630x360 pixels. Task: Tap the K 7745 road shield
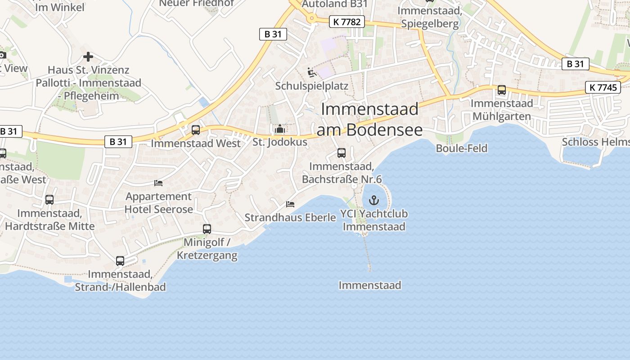603,87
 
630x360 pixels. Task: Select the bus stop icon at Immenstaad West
196,130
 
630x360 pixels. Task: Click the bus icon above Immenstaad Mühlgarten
502,90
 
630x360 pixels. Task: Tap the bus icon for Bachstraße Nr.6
342,153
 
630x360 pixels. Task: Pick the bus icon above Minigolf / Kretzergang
207,229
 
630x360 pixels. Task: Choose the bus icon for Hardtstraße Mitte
49,200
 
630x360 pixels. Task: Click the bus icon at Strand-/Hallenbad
120,261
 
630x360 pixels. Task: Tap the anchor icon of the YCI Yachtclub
374,200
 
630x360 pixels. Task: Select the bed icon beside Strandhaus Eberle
290,204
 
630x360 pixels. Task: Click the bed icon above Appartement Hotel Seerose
158,183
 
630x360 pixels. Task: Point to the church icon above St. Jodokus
280,129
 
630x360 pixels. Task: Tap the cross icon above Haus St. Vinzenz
88,57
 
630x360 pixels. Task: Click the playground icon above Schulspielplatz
311,72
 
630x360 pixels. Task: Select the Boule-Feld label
462,148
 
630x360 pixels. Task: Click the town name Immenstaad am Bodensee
369,119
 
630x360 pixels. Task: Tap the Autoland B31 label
335,4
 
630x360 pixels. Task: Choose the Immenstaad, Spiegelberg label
430,17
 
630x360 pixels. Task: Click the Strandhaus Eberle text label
290,218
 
